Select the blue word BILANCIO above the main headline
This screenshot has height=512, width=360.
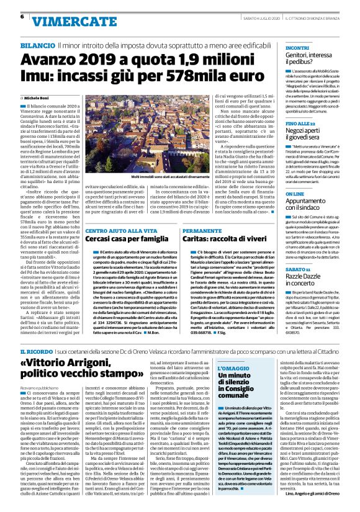(x=37, y=46)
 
